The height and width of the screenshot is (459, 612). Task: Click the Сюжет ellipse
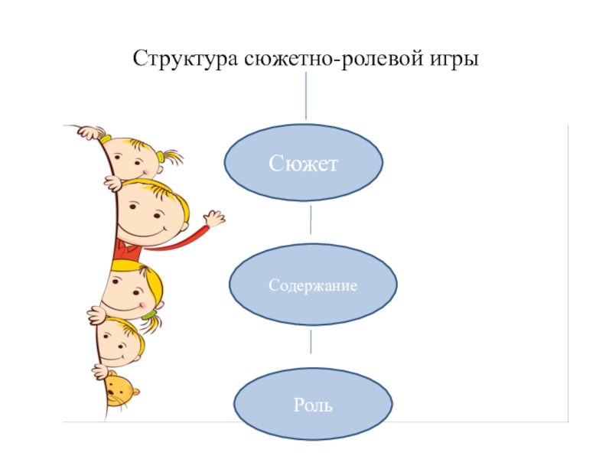point(303,163)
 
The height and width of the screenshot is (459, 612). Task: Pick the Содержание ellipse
point(313,285)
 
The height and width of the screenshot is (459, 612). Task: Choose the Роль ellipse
point(313,404)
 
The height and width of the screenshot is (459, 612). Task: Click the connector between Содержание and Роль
point(311,341)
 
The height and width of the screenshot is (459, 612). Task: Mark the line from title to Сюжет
point(307,96)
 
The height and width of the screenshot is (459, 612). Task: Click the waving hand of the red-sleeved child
point(214,220)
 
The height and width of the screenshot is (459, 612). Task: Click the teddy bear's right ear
point(135,393)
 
